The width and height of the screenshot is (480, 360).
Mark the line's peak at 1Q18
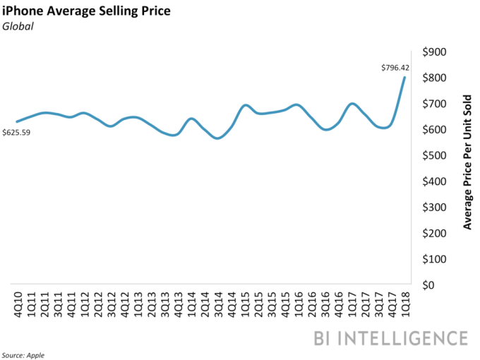pyautogui.click(x=404, y=78)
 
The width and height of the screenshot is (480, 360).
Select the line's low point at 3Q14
pyautogui.click(x=217, y=138)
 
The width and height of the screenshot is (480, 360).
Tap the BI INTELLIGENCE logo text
pyautogui.click(x=390, y=337)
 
